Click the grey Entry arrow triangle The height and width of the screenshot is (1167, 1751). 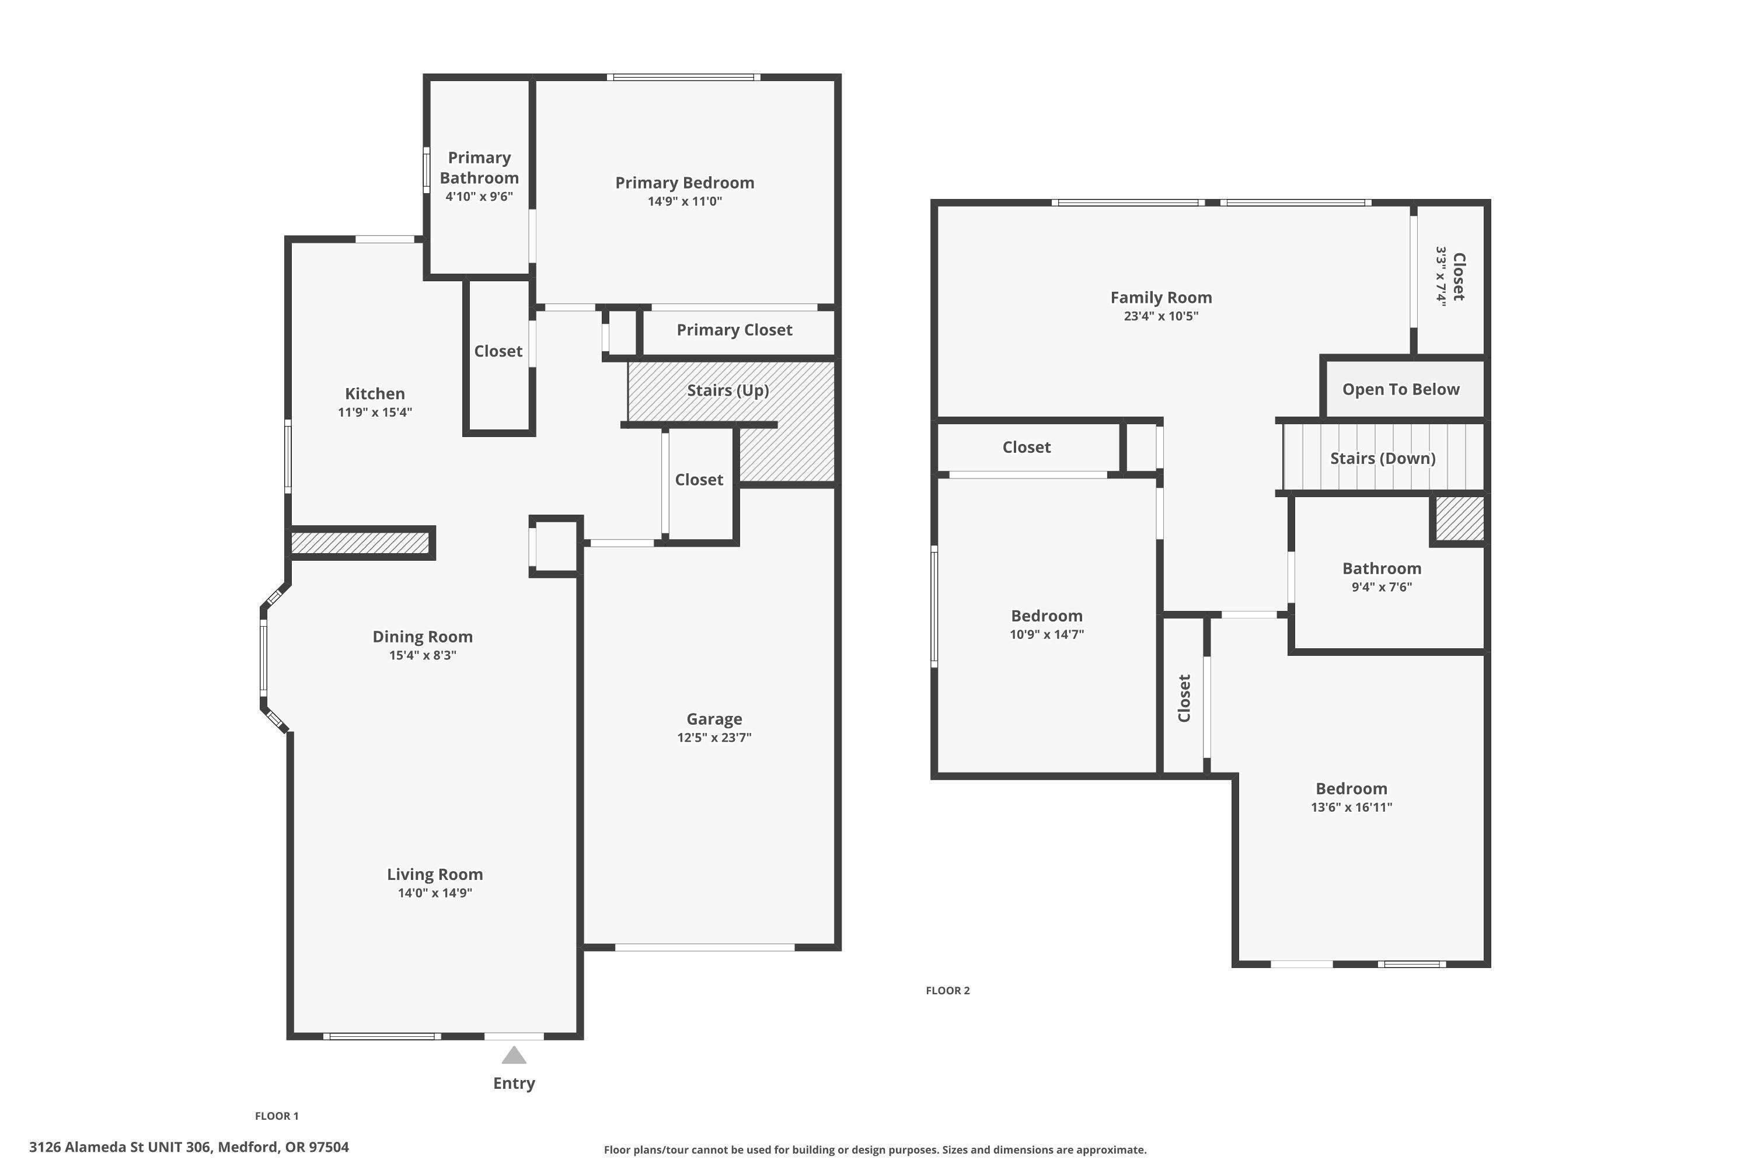tap(514, 1056)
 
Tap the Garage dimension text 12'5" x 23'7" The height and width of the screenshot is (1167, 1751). tap(714, 738)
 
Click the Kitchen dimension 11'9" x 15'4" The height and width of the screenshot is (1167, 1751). tap(375, 413)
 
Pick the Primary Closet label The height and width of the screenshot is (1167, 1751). tap(734, 330)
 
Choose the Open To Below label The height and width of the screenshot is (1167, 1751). tap(1400, 389)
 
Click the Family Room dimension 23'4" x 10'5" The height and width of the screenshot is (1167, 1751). tap(1161, 316)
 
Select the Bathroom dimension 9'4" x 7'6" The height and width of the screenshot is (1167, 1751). tap(1382, 586)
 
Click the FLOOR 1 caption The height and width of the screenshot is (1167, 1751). tap(276, 1116)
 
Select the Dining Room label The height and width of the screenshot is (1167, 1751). tap(422, 637)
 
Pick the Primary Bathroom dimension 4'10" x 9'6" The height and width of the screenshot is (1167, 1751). tap(479, 197)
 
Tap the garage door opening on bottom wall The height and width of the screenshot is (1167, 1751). tap(704, 948)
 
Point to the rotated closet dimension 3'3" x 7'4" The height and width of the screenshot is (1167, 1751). tap(1441, 276)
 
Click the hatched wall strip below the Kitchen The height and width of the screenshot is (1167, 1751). tap(360, 543)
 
